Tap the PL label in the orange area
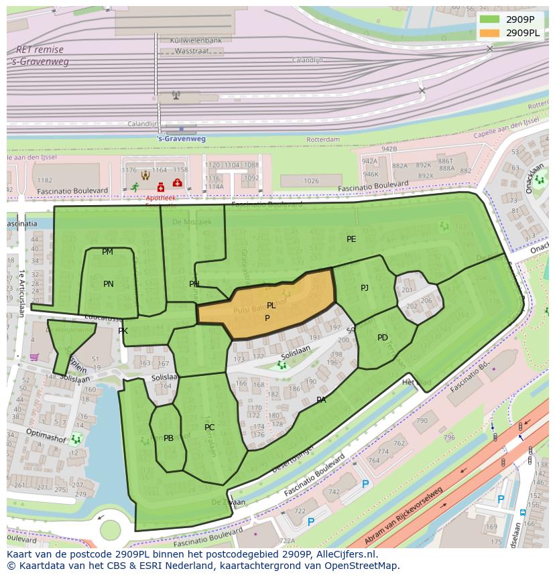[271, 306]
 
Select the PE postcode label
[351, 239]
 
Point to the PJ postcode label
[365, 288]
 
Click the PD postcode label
[382, 338]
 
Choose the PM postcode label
[107, 252]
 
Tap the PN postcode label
[109, 284]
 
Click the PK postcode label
[123, 331]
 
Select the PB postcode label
[168, 438]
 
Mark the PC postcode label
[209, 428]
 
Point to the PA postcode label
[321, 400]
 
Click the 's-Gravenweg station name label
[181, 139]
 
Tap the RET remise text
[40, 50]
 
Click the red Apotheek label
[160, 198]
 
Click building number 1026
[311, 181]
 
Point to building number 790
[422, 421]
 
